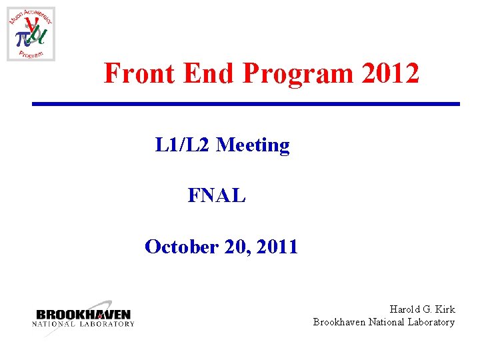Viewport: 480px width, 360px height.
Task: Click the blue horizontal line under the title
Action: point(247,104)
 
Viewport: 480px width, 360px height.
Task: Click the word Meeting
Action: point(253,145)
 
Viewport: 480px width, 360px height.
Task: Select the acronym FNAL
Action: point(217,195)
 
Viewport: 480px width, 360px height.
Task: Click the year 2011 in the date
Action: point(275,247)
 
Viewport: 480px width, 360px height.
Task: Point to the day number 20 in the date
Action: point(234,247)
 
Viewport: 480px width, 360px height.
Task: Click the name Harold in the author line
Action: point(405,309)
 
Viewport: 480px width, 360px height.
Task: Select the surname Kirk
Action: point(445,309)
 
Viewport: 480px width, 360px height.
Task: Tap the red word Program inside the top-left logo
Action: point(31,53)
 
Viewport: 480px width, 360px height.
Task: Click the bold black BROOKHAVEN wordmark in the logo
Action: point(83,314)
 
